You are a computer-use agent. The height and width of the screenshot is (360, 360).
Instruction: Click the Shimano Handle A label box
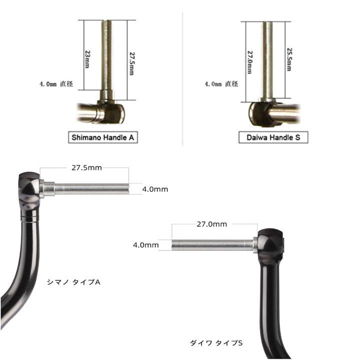tap(102, 137)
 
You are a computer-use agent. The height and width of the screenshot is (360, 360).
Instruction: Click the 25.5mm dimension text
tap(289, 59)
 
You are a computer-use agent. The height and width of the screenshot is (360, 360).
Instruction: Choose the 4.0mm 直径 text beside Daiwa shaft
tap(220, 84)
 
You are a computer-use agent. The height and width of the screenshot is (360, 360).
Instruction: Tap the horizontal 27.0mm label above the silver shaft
tap(211, 224)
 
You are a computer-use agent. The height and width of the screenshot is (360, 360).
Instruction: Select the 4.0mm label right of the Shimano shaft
tap(155, 189)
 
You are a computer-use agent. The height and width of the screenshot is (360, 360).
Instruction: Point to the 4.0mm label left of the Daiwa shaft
tap(146, 245)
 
